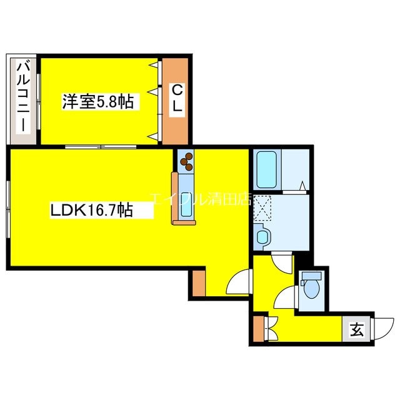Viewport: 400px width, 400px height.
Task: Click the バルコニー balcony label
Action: pos(24,95)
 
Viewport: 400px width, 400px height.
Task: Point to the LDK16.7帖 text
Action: pos(91,211)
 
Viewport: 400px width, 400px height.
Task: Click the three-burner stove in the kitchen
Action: pos(186,162)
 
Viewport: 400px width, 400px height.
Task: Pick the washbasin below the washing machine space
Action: pos(263,237)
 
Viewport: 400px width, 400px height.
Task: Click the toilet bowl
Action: pos(310,289)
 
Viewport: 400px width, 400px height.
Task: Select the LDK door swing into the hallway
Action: pos(239,283)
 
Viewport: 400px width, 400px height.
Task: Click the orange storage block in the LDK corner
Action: pos(198,282)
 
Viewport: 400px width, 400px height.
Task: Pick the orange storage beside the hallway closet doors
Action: pos(257,327)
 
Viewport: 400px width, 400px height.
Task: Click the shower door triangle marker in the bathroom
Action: pos(302,185)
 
